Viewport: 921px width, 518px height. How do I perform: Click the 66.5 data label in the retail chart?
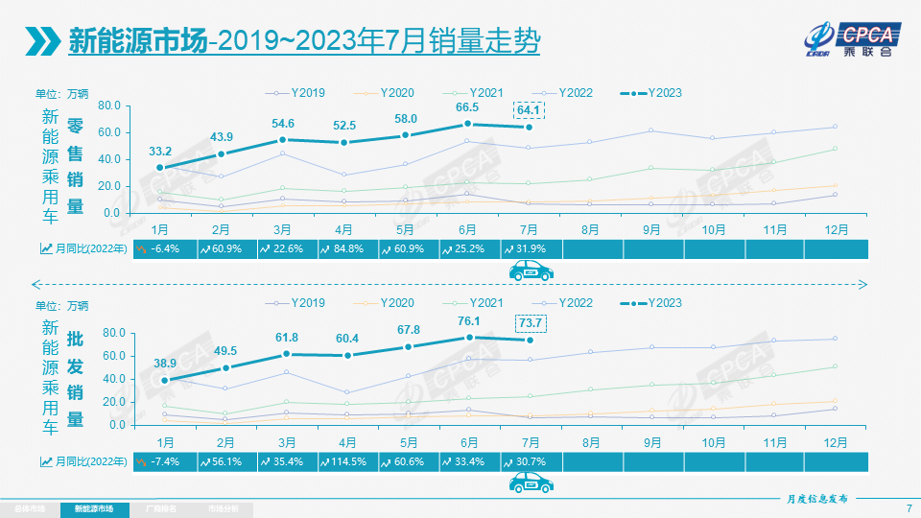[x=467, y=107]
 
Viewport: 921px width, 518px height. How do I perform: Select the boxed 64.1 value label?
[x=530, y=110]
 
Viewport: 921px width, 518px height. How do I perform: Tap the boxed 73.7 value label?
[x=531, y=323]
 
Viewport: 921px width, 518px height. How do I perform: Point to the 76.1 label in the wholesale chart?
[x=469, y=321]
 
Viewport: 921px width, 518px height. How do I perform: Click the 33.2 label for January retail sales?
[x=160, y=152]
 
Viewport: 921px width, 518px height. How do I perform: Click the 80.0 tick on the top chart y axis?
[x=106, y=106]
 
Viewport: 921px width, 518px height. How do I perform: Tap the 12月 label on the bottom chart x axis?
[x=835, y=442]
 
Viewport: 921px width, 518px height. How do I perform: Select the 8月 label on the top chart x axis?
[x=590, y=230]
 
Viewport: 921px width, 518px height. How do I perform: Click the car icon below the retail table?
[x=531, y=272]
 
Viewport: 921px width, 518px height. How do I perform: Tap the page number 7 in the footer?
[x=909, y=507]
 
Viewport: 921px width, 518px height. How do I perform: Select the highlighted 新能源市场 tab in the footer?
[x=94, y=508]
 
